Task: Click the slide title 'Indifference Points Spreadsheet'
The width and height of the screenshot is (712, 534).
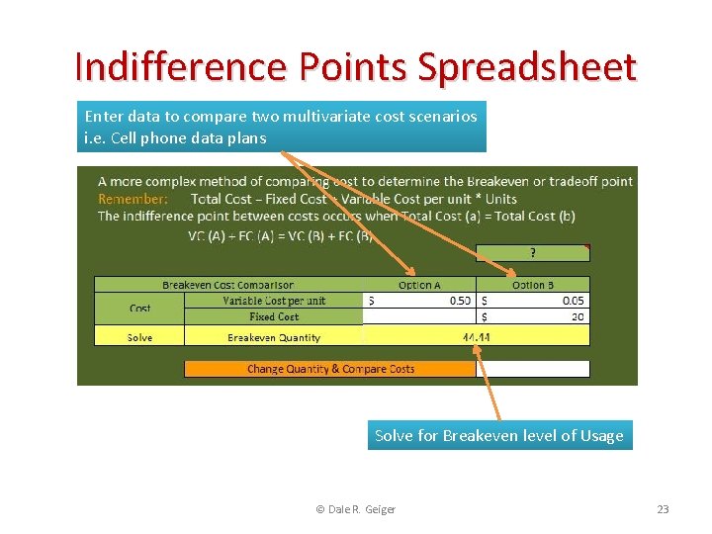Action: point(356,66)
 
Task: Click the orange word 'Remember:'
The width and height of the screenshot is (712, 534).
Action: point(133,199)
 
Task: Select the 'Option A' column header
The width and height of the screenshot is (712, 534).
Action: point(420,285)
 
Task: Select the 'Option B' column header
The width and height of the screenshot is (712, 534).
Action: point(533,285)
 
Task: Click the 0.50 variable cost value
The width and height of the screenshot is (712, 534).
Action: point(460,301)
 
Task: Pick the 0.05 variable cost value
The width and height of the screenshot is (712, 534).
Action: point(573,301)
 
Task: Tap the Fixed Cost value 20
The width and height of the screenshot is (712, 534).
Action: point(578,317)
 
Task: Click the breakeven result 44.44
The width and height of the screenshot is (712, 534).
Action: point(476,337)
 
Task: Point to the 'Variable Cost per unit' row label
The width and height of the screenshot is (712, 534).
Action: point(274,301)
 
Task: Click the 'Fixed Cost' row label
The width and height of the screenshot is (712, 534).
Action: point(274,317)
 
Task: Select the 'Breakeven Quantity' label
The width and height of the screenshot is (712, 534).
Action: point(274,337)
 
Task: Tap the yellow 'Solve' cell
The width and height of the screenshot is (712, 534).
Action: point(139,337)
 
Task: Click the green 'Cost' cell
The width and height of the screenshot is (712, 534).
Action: point(139,309)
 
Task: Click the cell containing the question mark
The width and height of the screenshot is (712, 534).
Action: point(533,253)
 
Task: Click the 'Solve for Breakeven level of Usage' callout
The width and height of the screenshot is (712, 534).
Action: point(499,435)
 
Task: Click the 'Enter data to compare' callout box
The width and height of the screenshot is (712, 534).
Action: point(281,128)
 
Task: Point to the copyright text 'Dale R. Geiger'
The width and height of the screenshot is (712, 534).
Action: point(355,509)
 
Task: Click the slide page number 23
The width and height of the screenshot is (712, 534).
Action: point(663,509)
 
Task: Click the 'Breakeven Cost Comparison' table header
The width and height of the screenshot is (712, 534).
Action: point(228,285)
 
